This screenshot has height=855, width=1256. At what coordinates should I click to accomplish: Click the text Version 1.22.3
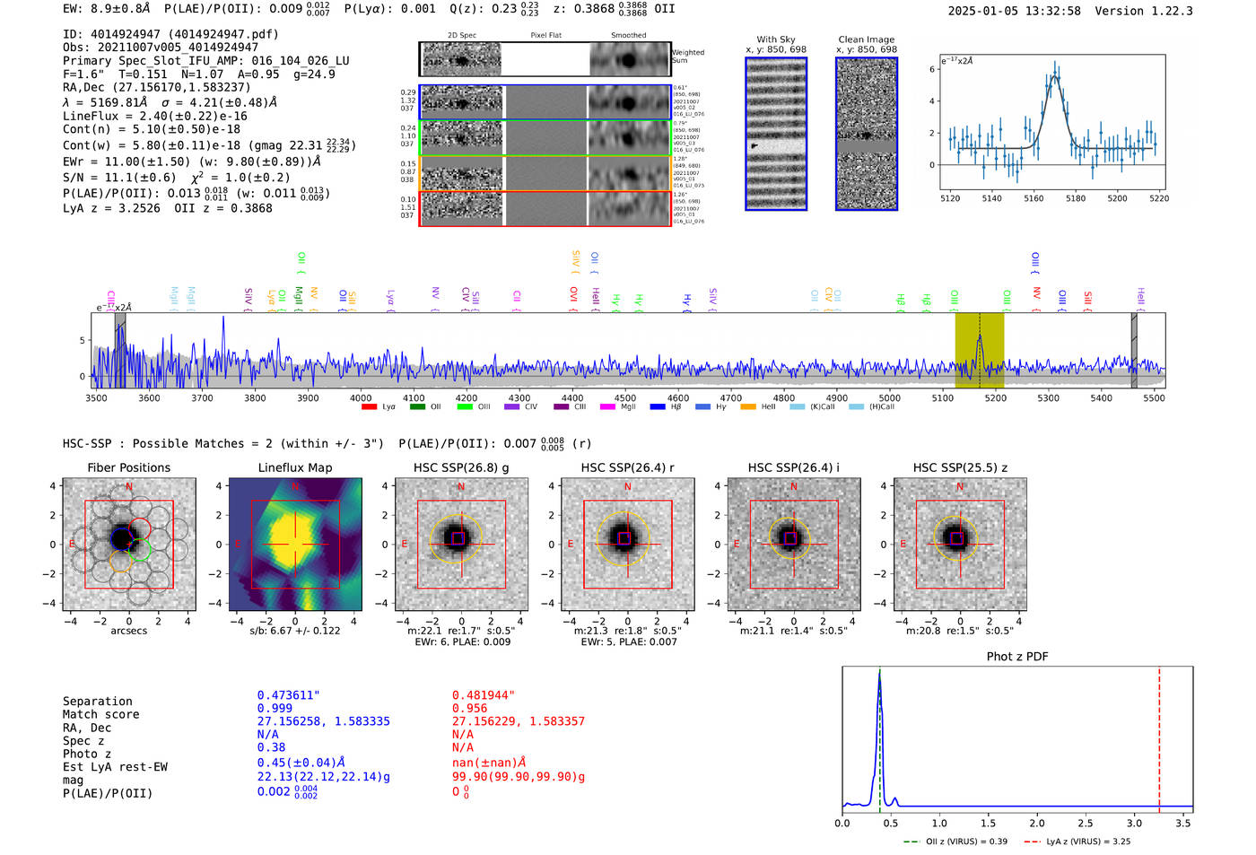click(1143, 11)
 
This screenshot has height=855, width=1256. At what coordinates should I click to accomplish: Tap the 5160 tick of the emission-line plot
click(1034, 198)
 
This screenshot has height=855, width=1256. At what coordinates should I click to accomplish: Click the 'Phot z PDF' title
click(1016, 657)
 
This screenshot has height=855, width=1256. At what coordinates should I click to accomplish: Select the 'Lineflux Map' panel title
click(295, 467)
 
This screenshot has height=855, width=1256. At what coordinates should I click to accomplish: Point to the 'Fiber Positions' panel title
click(128, 467)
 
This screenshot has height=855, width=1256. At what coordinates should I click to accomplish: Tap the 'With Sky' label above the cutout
click(775, 39)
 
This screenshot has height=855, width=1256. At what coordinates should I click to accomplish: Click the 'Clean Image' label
click(866, 39)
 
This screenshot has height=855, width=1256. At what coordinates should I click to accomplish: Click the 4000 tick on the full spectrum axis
click(361, 397)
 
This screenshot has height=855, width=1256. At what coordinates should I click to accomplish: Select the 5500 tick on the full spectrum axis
click(1154, 397)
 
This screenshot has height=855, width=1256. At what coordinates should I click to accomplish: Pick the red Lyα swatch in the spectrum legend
click(369, 407)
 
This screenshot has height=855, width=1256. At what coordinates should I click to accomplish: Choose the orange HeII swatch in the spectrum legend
click(748, 407)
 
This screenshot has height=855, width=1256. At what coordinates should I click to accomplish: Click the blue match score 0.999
click(275, 709)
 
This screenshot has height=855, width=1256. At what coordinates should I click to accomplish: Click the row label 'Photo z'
click(87, 754)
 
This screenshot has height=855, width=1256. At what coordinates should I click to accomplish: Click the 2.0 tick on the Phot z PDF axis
click(1036, 823)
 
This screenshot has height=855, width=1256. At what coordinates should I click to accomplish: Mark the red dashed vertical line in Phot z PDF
click(1159, 736)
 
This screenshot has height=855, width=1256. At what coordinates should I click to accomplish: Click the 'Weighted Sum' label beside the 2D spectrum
click(687, 57)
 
